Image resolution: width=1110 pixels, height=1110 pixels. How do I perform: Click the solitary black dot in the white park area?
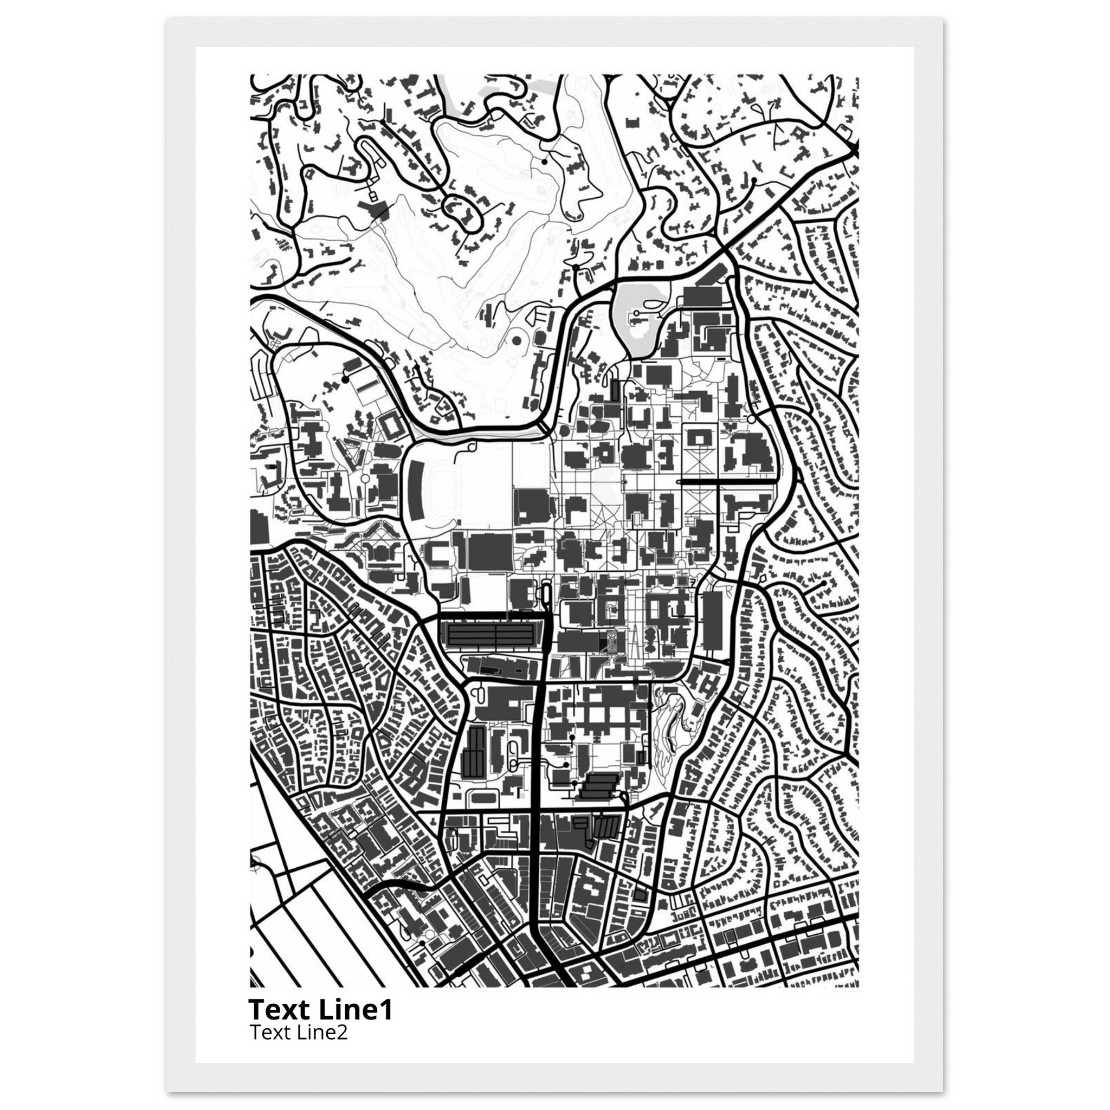point(544,162)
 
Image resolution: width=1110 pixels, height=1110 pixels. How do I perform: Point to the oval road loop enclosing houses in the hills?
point(462,212)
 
